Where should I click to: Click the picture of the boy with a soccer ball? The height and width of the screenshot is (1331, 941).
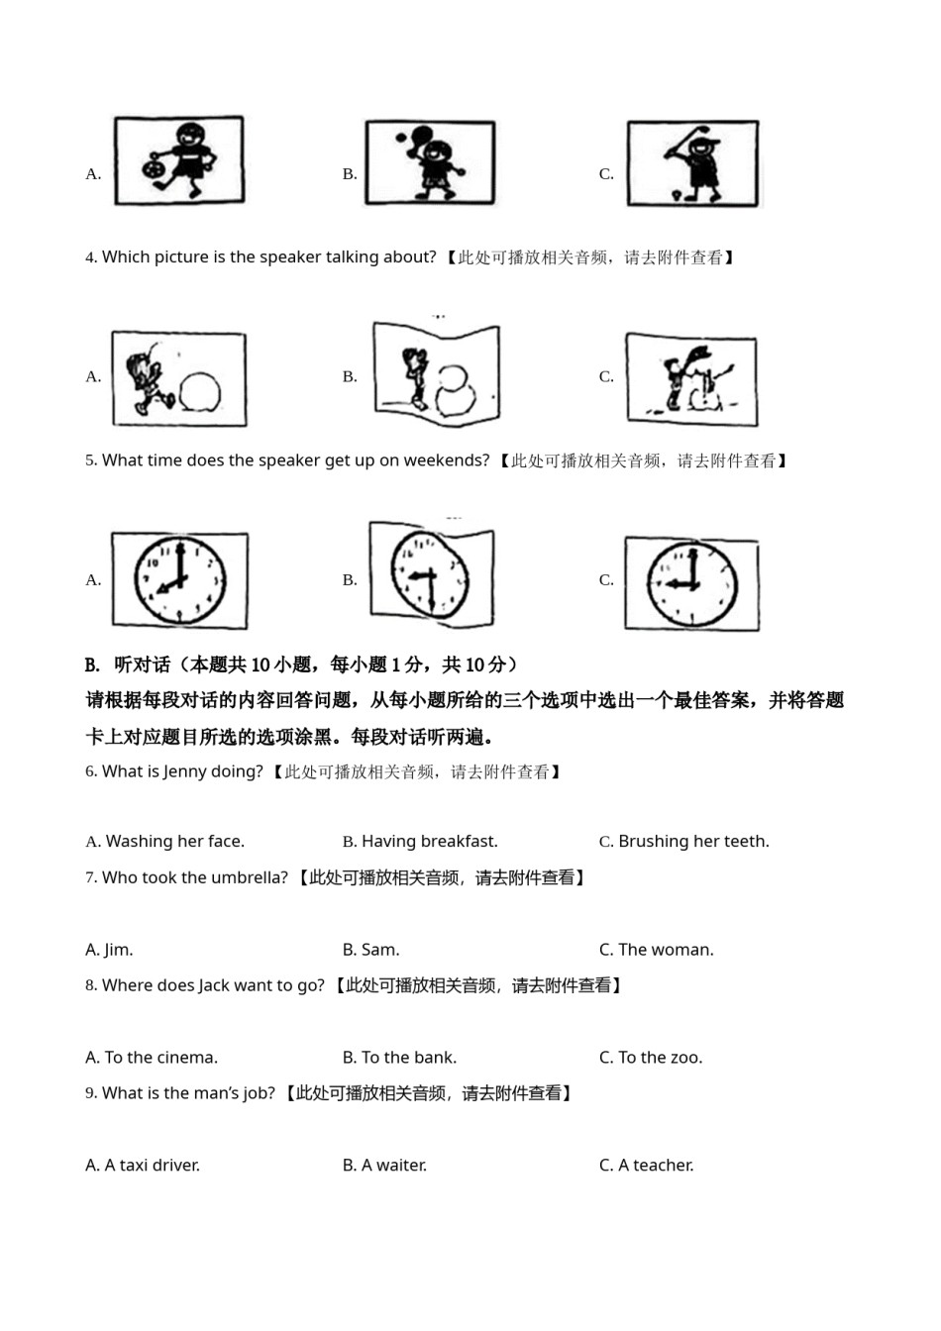pyautogui.click(x=179, y=161)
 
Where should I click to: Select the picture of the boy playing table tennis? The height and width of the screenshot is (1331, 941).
pyautogui.click(x=430, y=163)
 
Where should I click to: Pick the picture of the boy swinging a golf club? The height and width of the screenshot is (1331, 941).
pyautogui.click(x=692, y=164)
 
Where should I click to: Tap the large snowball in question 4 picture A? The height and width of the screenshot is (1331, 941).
pyautogui.click(x=201, y=390)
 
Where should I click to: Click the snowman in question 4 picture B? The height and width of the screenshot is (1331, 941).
pyautogui.click(x=456, y=390)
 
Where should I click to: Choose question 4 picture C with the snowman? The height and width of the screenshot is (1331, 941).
pyautogui.click(x=691, y=379)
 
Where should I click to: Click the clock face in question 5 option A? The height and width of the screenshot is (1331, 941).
pyautogui.click(x=179, y=580)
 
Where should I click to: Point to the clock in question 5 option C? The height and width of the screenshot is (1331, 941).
pyautogui.click(x=692, y=583)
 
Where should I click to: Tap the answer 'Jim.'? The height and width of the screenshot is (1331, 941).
pyautogui.click(x=118, y=950)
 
